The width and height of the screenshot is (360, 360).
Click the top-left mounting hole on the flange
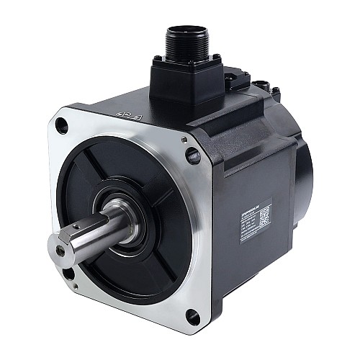[63, 127]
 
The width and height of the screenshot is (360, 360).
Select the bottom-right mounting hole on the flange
[192, 314]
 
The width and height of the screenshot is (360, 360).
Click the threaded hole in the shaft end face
[59, 250]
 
